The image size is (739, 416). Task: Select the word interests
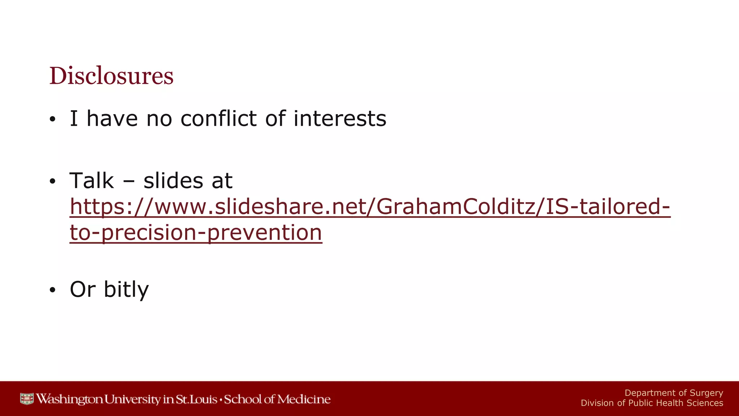[x=340, y=118]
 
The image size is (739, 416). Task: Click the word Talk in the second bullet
[x=92, y=181]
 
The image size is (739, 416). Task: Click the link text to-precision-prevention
[x=196, y=232]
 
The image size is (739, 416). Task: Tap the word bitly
[x=126, y=290]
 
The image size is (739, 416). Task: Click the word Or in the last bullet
[x=83, y=290]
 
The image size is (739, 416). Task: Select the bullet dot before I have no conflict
[x=53, y=120]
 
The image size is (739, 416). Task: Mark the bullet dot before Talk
[x=53, y=182]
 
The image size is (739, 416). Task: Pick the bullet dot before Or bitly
[x=53, y=290]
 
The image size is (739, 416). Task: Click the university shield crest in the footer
[x=27, y=399]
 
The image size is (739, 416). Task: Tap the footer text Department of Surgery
[x=674, y=393]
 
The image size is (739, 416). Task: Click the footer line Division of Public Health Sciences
[x=652, y=403]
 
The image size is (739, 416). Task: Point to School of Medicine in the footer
[x=277, y=399]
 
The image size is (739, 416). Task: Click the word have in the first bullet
[x=112, y=118]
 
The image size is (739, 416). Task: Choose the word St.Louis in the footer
[x=196, y=399]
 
